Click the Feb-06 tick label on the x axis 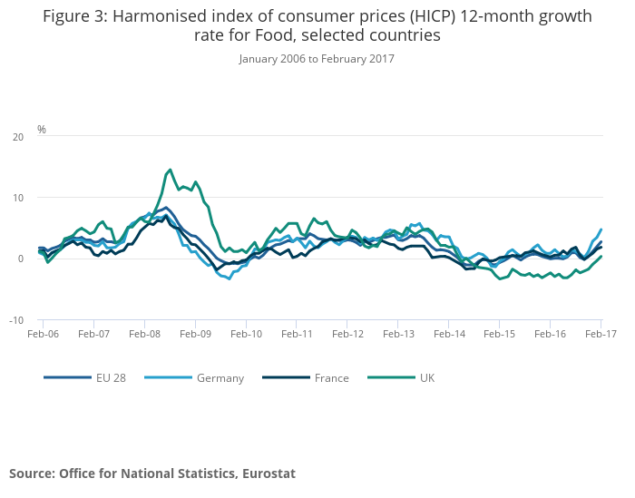click(x=43, y=334)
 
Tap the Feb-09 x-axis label click(x=195, y=334)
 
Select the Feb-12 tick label click(x=347, y=334)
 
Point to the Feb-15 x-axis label click(x=500, y=334)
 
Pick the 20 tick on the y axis click(x=18, y=137)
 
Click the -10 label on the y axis click(x=16, y=320)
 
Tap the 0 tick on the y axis click(x=20, y=259)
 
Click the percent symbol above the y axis click(x=42, y=130)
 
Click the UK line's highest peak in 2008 click(x=170, y=169)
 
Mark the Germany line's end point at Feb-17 click(x=601, y=229)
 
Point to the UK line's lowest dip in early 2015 click(x=500, y=278)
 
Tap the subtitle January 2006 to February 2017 click(x=317, y=59)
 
